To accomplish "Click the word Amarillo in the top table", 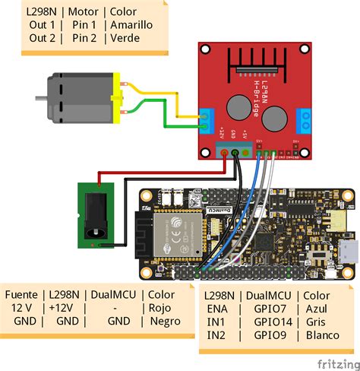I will (131, 25).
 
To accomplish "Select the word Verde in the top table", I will (125, 39).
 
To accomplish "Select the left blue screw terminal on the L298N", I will (207, 119).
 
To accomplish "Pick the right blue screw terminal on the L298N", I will (305, 119).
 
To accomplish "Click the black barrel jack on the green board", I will (98, 217).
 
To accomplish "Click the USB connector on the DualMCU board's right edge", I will (348, 250).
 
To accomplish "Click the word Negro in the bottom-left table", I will (166, 321).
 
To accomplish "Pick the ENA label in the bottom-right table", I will (217, 307).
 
